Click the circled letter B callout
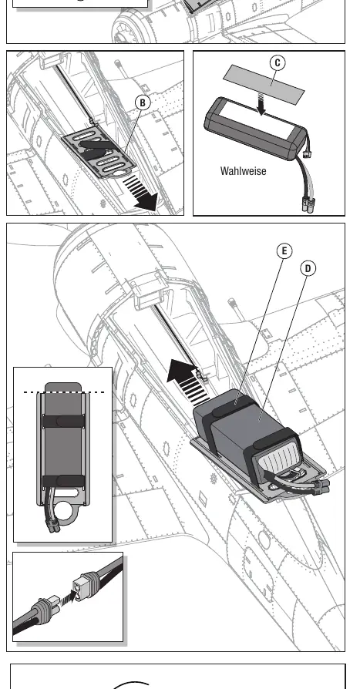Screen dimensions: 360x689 pos(143,103)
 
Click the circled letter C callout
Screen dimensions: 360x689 pos(278,63)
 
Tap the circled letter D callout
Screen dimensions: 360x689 pos(308,268)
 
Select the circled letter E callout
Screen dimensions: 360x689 pos(284,251)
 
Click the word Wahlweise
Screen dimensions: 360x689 pos(243,171)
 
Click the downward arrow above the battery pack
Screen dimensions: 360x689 pos(261,106)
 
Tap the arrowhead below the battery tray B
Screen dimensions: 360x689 pos(146,203)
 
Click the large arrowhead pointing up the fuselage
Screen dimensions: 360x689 pos(180,370)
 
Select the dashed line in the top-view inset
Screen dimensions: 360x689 pos(64,392)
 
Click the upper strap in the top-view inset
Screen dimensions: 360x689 pos(63,422)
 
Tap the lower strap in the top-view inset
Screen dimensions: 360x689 pos(63,481)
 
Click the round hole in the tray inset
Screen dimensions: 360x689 pos(64,511)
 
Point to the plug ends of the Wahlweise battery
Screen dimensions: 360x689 pos(308,205)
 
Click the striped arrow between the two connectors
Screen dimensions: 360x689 pos(66,597)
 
